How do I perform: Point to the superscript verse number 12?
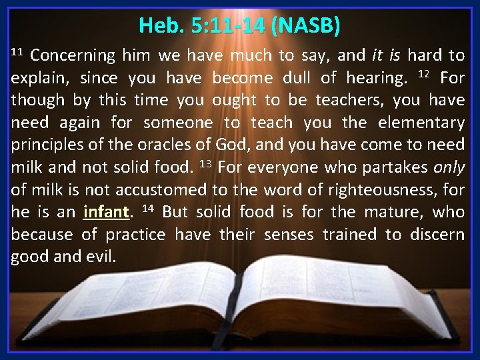(423, 74)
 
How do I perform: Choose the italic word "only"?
(448, 168)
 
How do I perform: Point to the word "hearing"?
(375, 78)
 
